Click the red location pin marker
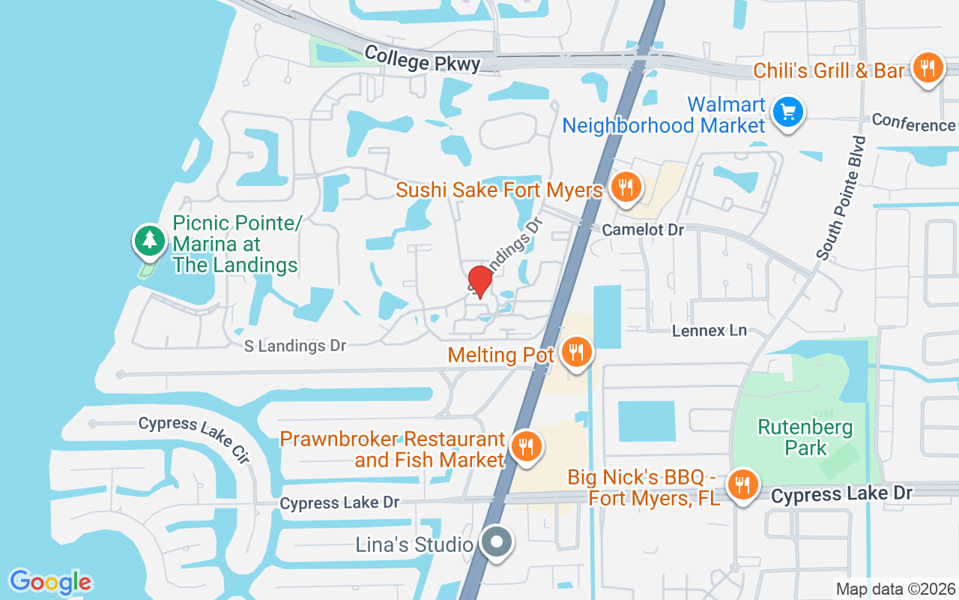pos(479,281)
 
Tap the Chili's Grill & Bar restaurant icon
pos(928,68)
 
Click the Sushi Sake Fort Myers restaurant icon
pos(623,187)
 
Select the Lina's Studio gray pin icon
pos(496,541)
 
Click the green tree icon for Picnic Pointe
pos(151,239)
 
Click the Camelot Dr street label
pos(643,229)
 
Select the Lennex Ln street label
pos(709,330)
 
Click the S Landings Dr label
pos(296,346)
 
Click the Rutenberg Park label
pos(805,437)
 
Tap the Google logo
pos(50,582)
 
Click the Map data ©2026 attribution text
pos(895,589)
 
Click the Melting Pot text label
pos(500,354)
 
